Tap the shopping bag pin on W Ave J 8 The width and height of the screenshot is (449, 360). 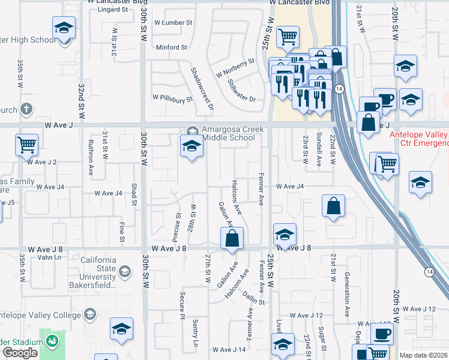232,238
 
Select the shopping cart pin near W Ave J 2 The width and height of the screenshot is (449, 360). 27,145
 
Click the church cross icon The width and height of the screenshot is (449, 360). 25,109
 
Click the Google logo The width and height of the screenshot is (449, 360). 20,353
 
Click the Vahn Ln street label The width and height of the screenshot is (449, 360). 49,257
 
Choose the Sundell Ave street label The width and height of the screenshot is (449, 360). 319,150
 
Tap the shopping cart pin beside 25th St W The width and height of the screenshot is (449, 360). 288,37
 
